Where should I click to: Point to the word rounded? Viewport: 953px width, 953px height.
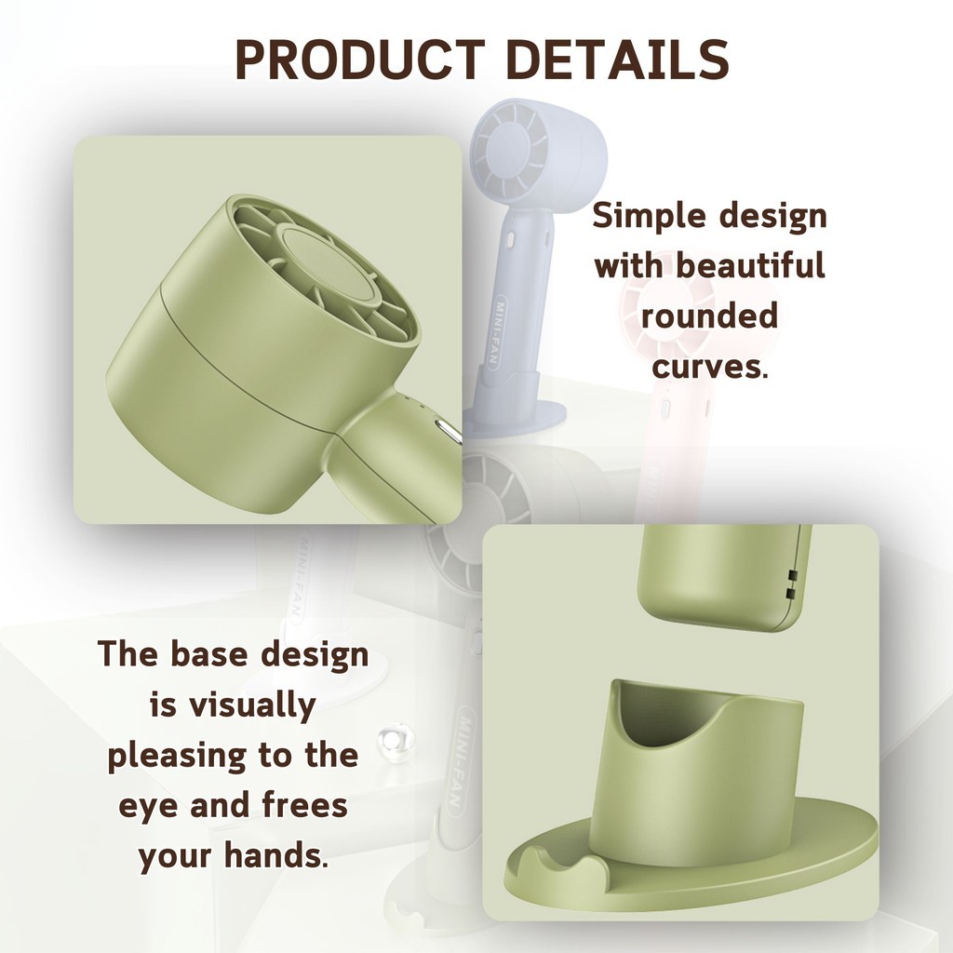709,316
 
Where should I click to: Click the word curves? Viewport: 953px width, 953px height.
709,367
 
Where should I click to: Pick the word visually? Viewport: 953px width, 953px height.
251,706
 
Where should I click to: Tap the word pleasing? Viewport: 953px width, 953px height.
177,757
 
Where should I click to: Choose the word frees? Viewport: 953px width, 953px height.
304,805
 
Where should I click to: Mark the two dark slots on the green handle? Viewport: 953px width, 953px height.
792,583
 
